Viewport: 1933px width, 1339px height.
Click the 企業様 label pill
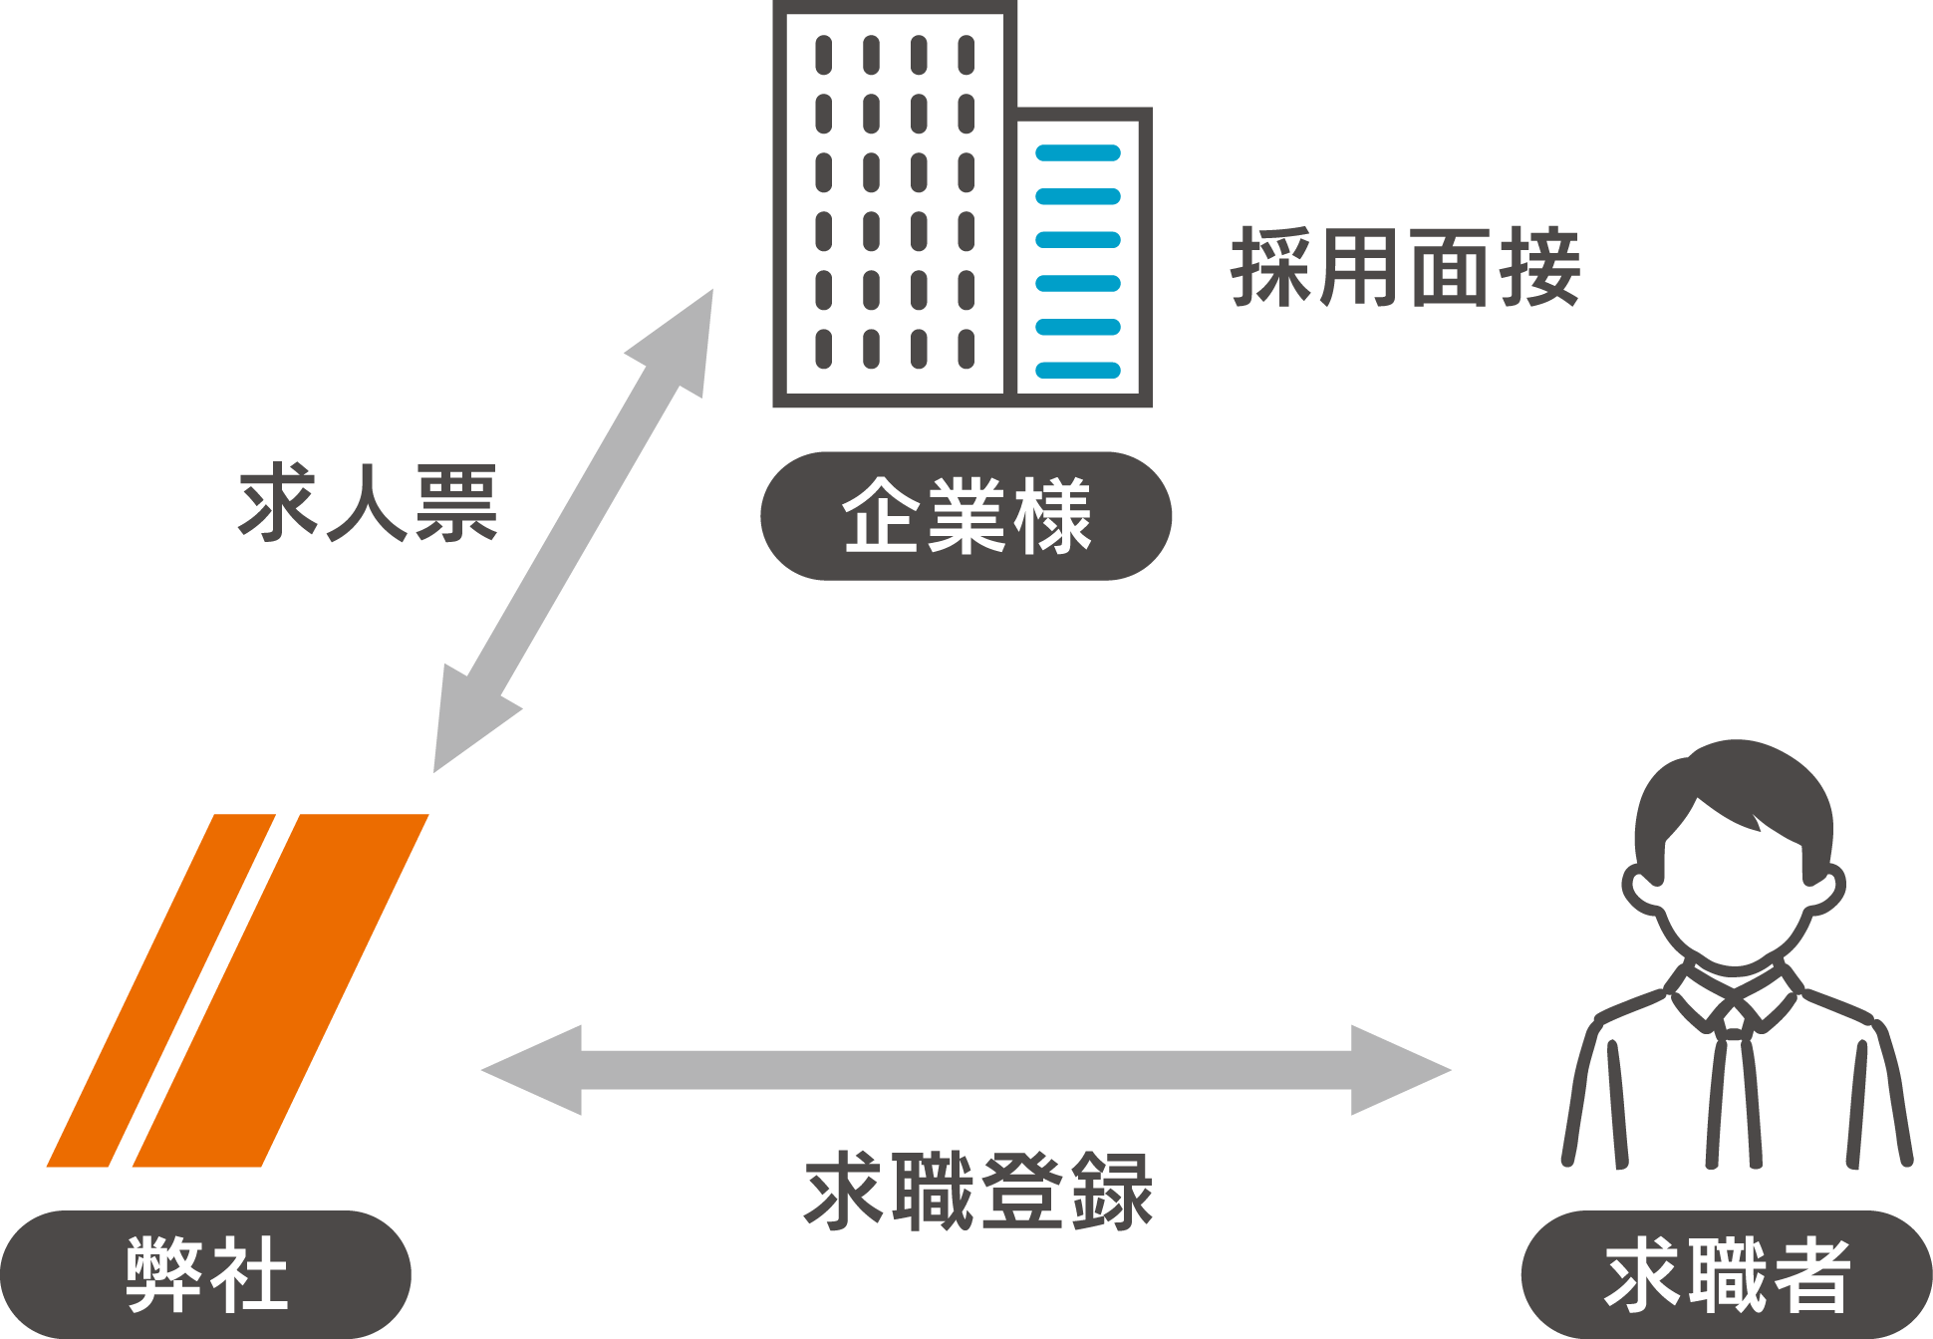966,516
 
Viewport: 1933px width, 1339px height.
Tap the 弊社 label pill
205,1274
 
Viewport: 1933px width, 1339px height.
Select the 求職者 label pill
1727,1274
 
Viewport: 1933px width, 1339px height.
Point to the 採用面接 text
1405,266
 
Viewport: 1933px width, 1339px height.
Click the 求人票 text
367,503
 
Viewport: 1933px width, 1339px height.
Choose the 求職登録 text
977,1191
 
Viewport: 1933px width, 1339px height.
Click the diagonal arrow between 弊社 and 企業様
574,531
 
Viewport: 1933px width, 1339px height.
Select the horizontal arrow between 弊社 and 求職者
966,1070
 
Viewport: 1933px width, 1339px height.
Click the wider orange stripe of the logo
280,990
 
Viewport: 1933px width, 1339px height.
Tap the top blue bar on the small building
1078,153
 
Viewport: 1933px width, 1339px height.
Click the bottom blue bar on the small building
1078,371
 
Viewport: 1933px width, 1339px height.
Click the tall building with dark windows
894,204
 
